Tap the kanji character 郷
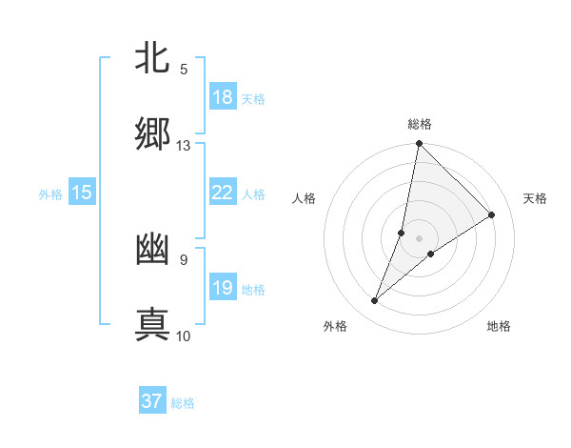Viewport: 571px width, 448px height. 152,134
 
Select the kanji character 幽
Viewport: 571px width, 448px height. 152,249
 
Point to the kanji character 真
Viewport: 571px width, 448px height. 152,323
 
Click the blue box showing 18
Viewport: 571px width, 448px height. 223,97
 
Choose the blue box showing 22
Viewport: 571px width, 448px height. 223,193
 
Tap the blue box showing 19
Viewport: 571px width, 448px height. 223,288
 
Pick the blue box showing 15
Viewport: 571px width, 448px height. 82,193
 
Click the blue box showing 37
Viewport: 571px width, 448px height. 152,401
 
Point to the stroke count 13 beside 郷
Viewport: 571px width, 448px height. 183,146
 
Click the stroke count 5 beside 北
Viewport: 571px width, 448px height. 183,70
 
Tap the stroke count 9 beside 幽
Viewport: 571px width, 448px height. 183,259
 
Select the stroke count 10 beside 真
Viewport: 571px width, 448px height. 183,336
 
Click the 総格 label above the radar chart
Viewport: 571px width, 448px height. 419,125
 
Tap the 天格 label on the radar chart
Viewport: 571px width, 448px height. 535,198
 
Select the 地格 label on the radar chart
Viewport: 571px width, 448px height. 499,326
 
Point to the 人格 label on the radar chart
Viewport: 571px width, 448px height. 304,198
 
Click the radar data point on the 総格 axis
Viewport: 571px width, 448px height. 419,144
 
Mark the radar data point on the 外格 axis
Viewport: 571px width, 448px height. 375,301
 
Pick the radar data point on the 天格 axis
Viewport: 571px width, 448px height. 492,215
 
